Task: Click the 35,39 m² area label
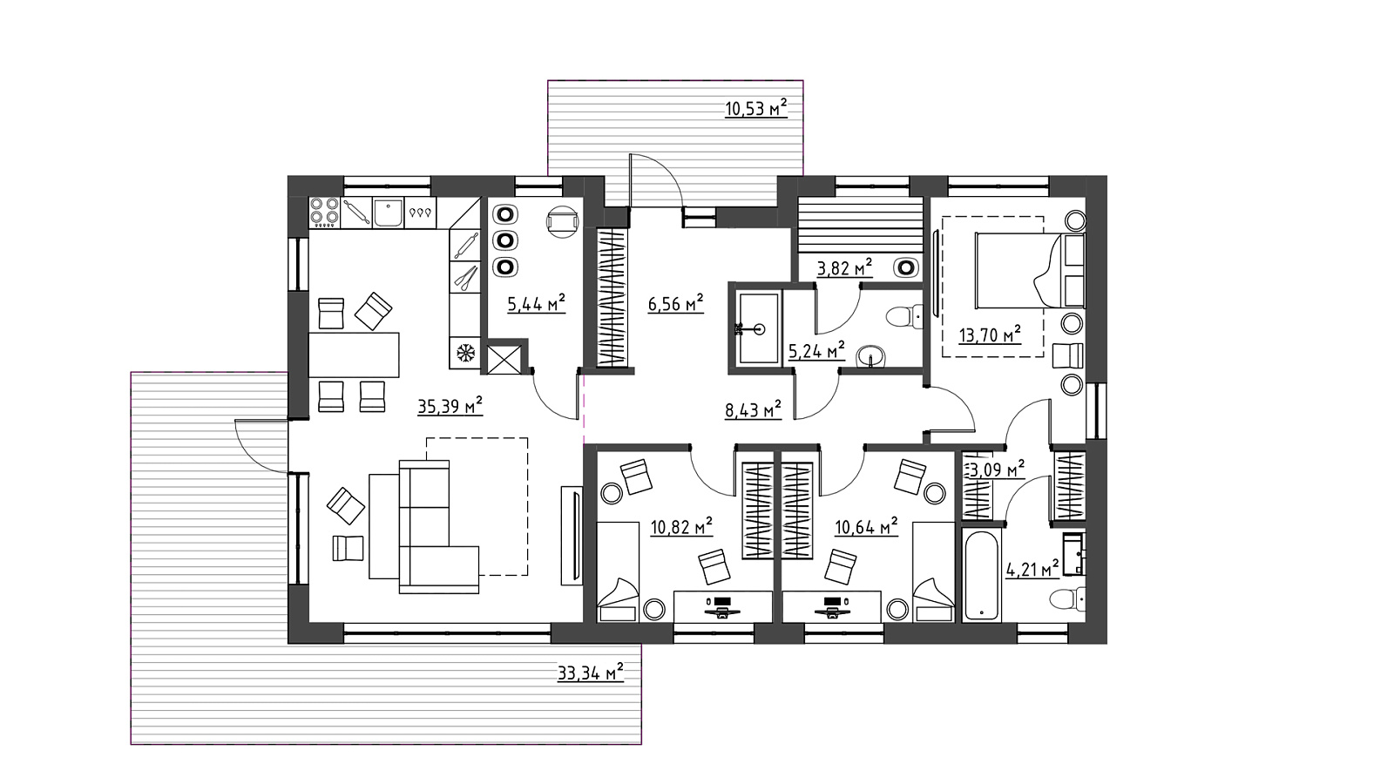click(450, 406)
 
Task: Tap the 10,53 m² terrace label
click(756, 108)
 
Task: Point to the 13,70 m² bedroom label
click(990, 335)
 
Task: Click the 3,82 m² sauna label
click(844, 268)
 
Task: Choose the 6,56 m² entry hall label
click(675, 304)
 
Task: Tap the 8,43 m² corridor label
click(753, 410)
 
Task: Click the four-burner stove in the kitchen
click(324, 212)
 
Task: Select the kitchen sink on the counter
click(388, 213)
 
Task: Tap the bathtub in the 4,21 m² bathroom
click(981, 576)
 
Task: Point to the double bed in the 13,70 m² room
click(1030, 271)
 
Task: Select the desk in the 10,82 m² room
click(722, 606)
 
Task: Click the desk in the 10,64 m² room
click(831, 606)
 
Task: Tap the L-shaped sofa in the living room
click(423, 526)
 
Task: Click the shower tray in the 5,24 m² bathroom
click(758, 328)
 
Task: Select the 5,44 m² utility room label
click(536, 304)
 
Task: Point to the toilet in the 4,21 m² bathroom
click(1067, 600)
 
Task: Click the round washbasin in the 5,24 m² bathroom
click(870, 357)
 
